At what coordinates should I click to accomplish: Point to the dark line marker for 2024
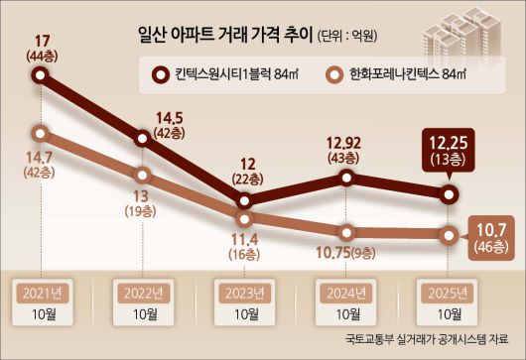[345, 178]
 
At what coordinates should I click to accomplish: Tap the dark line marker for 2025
[449, 193]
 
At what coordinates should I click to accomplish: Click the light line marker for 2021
[41, 132]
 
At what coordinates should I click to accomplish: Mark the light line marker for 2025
[449, 236]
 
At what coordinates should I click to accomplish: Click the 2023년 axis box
[243, 293]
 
